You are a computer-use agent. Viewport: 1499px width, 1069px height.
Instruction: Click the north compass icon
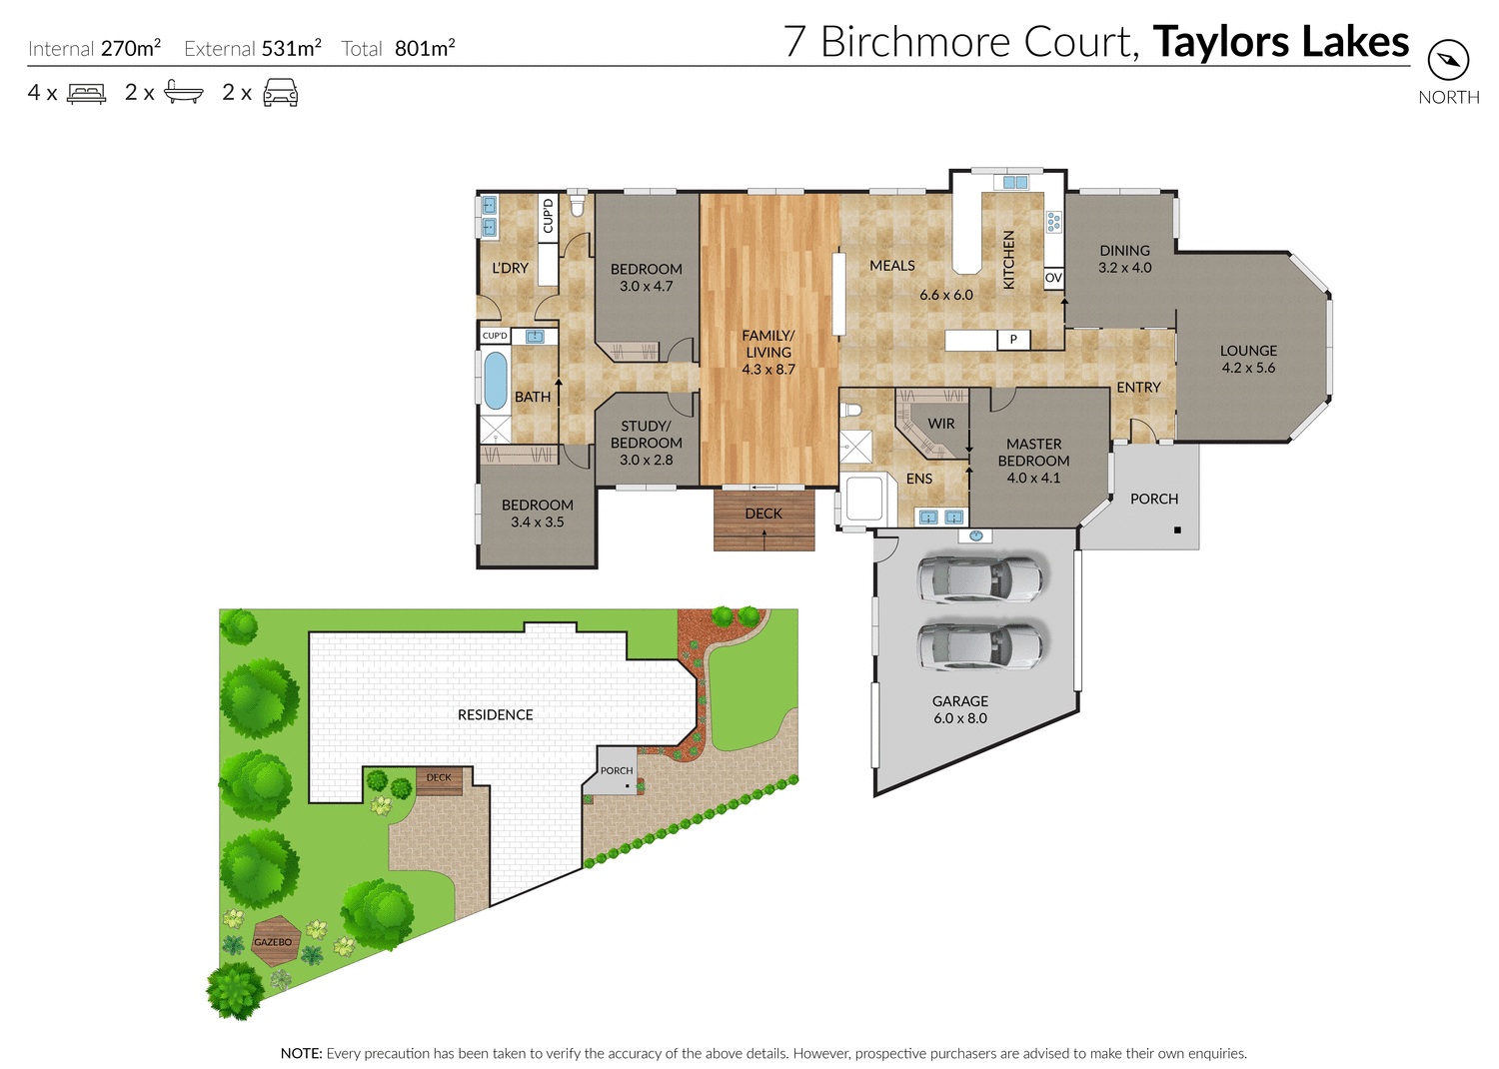pyautogui.click(x=1448, y=61)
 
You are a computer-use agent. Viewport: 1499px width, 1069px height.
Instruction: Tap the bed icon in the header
pyautogui.click(x=86, y=94)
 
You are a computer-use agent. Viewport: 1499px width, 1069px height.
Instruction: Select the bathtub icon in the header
pyautogui.click(x=184, y=93)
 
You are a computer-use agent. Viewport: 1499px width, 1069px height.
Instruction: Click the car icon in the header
pyautogui.click(x=280, y=93)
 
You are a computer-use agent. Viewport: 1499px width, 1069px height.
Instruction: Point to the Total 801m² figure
pyautogui.click(x=398, y=48)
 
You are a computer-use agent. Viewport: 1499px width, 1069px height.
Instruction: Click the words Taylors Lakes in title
pyautogui.click(x=1280, y=42)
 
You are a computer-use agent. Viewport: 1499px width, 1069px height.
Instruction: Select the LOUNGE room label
pyautogui.click(x=1248, y=351)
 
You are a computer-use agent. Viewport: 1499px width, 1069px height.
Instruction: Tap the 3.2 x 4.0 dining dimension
pyautogui.click(x=1124, y=268)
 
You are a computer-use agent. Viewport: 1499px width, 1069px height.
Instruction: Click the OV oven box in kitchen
pyautogui.click(x=1053, y=278)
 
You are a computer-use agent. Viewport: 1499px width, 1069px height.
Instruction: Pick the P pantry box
pyautogui.click(x=1013, y=340)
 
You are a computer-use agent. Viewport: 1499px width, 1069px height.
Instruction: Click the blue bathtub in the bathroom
pyautogui.click(x=495, y=381)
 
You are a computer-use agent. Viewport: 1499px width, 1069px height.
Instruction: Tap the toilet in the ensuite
pyautogui.click(x=851, y=410)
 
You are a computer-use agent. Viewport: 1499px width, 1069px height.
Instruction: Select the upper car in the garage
pyautogui.click(x=979, y=578)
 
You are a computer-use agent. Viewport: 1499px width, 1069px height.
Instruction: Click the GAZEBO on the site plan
pyautogui.click(x=273, y=941)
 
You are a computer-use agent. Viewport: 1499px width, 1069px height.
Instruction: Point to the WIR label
pyautogui.click(x=940, y=424)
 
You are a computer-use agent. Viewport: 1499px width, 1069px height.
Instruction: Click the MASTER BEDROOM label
pyautogui.click(x=1033, y=452)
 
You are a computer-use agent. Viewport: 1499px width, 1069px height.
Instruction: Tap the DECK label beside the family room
pyautogui.click(x=763, y=514)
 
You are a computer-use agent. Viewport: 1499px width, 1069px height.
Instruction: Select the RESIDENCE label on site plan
pyautogui.click(x=495, y=714)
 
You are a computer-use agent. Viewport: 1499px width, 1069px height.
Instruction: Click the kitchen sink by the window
pyautogui.click(x=1014, y=183)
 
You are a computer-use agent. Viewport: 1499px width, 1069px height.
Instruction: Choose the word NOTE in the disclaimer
pyautogui.click(x=301, y=1053)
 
